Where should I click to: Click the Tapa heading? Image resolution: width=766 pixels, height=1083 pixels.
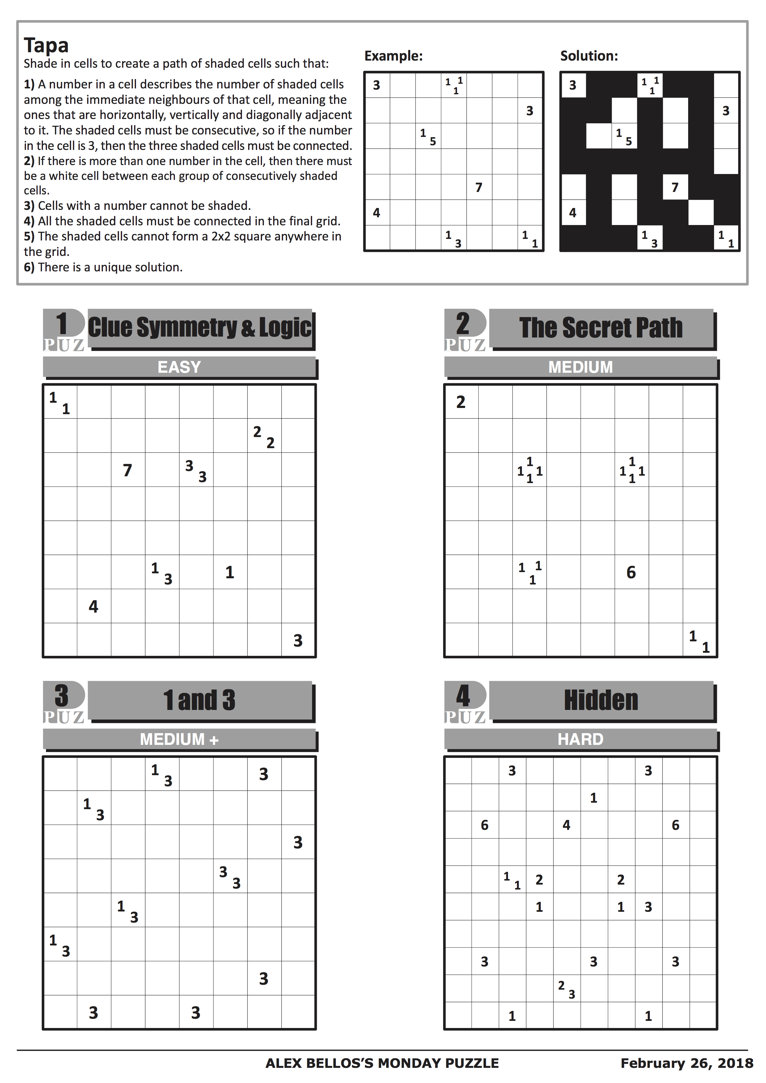pyautogui.click(x=46, y=45)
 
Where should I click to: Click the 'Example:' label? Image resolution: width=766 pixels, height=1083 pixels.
pyautogui.click(x=393, y=56)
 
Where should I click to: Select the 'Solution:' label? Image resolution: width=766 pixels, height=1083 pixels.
pyautogui.click(x=589, y=56)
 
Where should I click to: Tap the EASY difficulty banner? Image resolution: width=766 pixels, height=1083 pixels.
pyautogui.click(x=179, y=367)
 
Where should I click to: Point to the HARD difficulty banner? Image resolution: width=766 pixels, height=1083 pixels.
pyautogui.click(x=580, y=739)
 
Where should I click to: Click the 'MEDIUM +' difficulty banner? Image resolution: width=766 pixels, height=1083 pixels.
pyautogui.click(x=179, y=739)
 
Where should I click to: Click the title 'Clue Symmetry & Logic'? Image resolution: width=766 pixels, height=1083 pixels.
pyautogui.click(x=200, y=327)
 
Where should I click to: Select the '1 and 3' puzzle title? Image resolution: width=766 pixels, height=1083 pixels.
pyautogui.click(x=200, y=700)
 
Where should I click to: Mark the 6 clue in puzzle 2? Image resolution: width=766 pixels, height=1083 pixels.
pyautogui.click(x=631, y=572)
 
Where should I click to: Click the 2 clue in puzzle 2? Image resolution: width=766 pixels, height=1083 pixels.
pyautogui.click(x=461, y=402)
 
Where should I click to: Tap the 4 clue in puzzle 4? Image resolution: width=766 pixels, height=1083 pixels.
pyautogui.click(x=566, y=825)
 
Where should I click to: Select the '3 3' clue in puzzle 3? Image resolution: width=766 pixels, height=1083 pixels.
pyautogui.click(x=230, y=877)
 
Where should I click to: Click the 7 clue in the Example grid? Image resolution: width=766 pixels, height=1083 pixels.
pyautogui.click(x=479, y=187)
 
